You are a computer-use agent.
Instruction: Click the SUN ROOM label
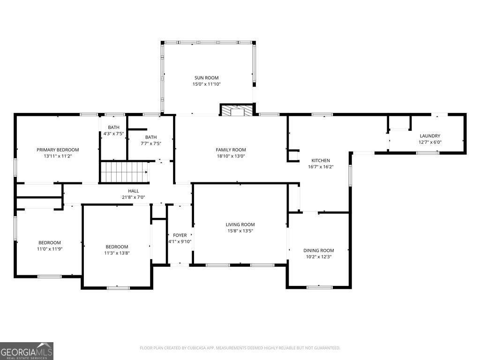click(x=207, y=78)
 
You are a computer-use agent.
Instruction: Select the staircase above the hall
click(x=124, y=172)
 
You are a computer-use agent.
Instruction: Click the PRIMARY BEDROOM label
click(x=58, y=150)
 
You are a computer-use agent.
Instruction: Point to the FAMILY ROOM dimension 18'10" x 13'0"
click(x=231, y=156)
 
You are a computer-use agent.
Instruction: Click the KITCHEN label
click(x=321, y=160)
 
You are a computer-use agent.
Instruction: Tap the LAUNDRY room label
click(x=430, y=136)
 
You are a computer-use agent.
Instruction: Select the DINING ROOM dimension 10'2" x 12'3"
click(x=319, y=256)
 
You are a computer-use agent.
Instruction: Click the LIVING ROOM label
click(x=240, y=225)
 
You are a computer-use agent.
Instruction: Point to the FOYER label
click(x=180, y=235)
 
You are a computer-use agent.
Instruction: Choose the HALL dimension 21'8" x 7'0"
click(x=134, y=197)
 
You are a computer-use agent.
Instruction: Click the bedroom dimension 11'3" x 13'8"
click(x=117, y=253)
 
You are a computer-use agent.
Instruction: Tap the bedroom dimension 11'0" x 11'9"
click(x=50, y=249)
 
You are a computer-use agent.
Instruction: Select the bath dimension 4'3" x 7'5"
click(x=113, y=134)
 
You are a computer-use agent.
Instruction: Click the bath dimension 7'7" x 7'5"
click(x=151, y=143)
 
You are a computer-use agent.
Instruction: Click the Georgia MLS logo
click(x=27, y=351)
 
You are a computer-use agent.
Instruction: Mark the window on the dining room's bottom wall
click(x=320, y=287)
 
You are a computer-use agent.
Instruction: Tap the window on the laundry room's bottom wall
click(x=427, y=152)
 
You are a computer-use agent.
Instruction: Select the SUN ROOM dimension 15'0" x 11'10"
click(x=207, y=84)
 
